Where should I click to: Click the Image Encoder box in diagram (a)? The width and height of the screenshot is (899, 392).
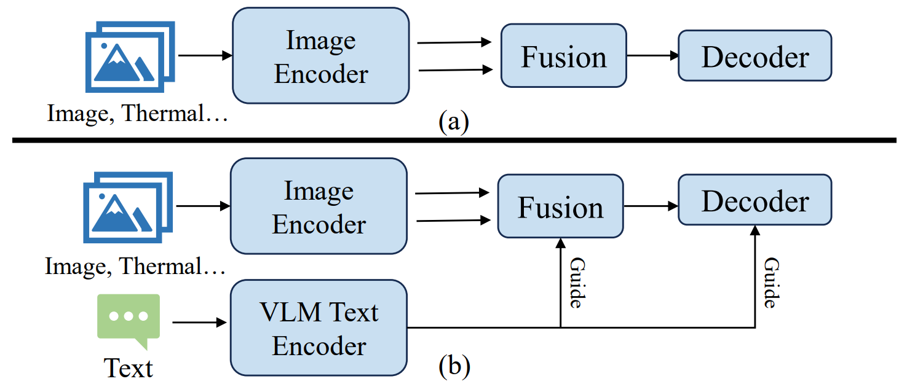pos(320,56)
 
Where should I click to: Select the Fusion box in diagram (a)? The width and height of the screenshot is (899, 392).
pos(563,56)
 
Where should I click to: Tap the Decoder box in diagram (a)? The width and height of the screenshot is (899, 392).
pos(754,56)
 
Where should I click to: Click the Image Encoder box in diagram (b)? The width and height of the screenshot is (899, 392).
pos(319,206)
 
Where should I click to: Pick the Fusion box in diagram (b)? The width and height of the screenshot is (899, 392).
pos(560,206)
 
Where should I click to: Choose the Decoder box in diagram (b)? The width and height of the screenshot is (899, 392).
pos(754,200)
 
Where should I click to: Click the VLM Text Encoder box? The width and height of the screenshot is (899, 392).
pos(319,328)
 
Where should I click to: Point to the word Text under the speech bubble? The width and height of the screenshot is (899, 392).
pos(128,367)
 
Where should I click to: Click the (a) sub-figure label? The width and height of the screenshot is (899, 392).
pos(453,122)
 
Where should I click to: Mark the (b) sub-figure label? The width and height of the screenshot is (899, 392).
pos(453,366)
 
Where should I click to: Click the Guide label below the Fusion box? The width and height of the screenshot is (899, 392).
pos(577,283)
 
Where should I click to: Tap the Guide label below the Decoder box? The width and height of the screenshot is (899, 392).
pos(771,283)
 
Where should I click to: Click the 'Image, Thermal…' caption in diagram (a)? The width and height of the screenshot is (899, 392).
pos(137,114)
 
